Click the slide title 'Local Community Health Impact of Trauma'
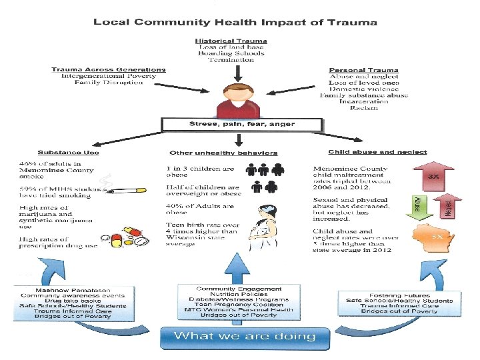pos(235,22)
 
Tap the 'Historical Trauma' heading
pos(231,40)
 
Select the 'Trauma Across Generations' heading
pos(109,69)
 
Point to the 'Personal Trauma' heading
pos(363,70)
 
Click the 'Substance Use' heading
pos(69,153)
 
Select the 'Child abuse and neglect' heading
pos(377,152)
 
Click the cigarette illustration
pos(127,191)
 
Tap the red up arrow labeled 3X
pos(433,175)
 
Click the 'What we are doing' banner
pos(244,335)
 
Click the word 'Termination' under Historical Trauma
pos(231,60)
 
